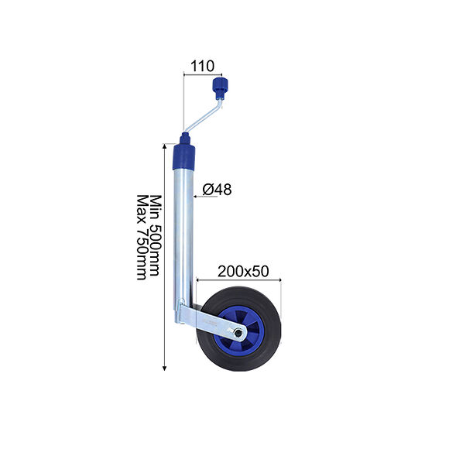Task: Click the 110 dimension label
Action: [x=202, y=66]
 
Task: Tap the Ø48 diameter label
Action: [x=217, y=190]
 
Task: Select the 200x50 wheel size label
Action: [x=243, y=271]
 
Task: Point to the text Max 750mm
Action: [x=142, y=237]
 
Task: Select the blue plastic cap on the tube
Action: [x=184, y=157]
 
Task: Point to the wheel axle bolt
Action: [x=238, y=333]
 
